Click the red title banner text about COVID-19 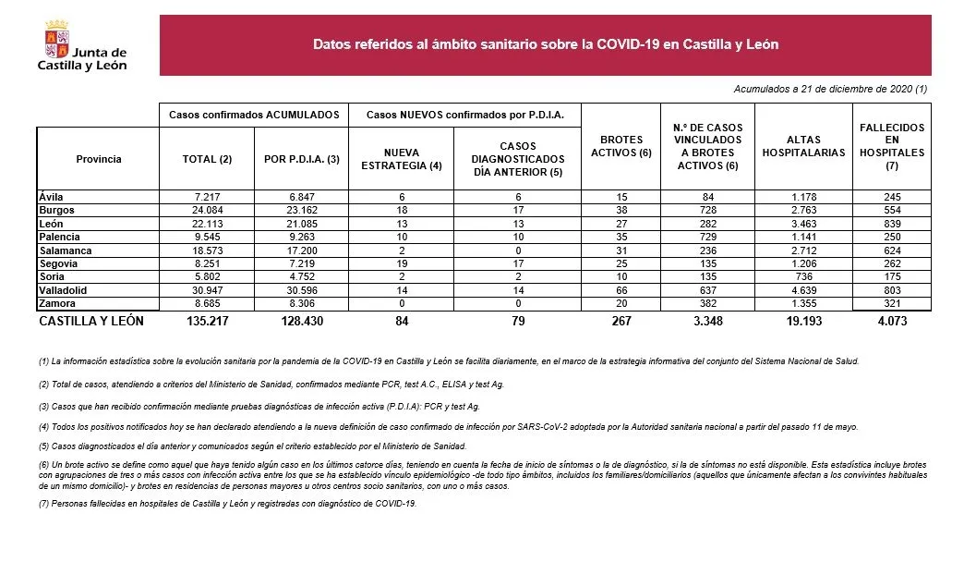[x=546, y=44]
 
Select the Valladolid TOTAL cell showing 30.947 [x=206, y=290]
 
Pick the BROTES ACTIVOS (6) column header [x=621, y=146]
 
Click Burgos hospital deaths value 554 [x=891, y=210]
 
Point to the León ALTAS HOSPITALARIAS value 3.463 [x=802, y=224]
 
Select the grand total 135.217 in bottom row [x=206, y=322]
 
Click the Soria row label [x=52, y=277]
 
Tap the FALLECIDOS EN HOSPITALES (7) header [x=891, y=146]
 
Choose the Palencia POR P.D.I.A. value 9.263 [x=302, y=237]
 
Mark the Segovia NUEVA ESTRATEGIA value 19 [x=400, y=263]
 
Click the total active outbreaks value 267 [x=621, y=322]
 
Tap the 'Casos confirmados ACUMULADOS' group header [x=254, y=115]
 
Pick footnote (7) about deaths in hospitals [x=227, y=504]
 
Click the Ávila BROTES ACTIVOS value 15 [x=621, y=197]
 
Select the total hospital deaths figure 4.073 [x=891, y=322]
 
